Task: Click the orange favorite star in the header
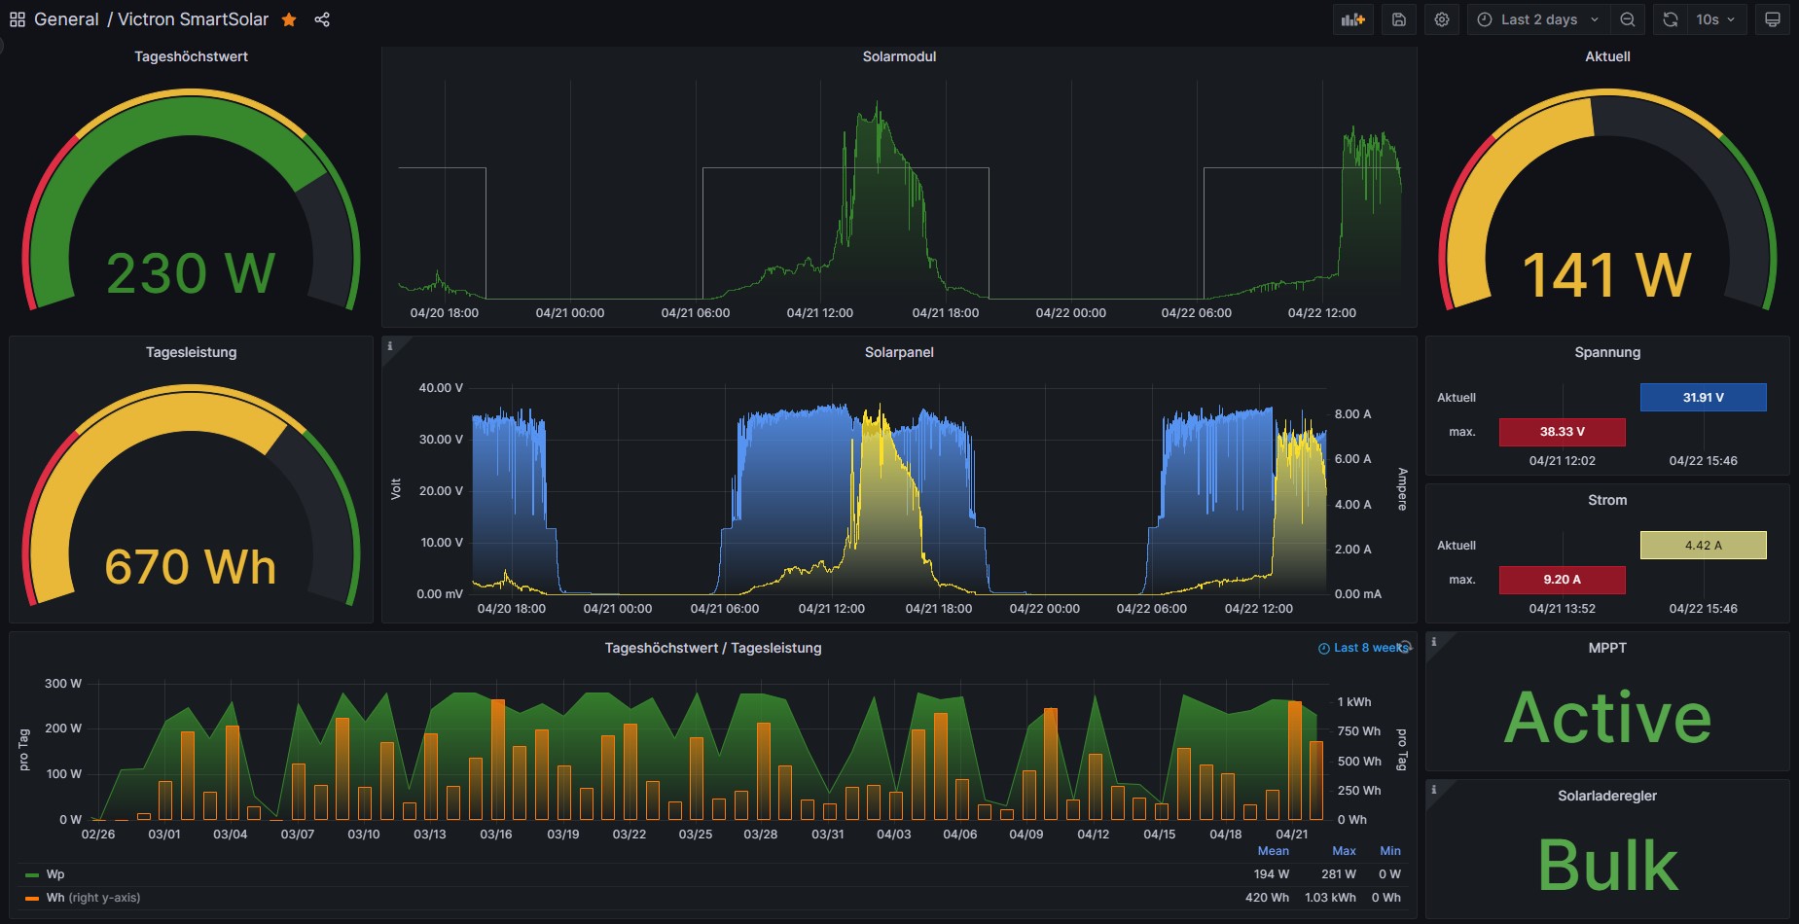coord(289,19)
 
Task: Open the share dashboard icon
coord(322,19)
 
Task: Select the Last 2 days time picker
coord(1537,19)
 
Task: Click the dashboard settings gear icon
coord(1442,19)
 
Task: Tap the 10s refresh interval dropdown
coord(1715,19)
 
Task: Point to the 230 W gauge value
coord(191,273)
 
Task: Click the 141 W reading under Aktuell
coord(1607,274)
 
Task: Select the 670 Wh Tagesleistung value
coord(191,567)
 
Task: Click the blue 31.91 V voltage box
coord(1703,397)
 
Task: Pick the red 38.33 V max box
coord(1562,431)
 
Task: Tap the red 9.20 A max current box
coord(1562,579)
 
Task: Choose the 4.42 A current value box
coord(1703,545)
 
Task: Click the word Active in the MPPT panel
coord(1607,718)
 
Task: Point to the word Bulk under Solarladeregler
coord(1607,865)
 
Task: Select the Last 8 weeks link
coord(1363,648)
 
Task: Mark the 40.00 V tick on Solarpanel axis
coord(441,388)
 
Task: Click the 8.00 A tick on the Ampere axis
coord(1352,414)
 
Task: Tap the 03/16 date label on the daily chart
coord(496,835)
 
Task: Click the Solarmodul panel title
coord(899,56)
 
